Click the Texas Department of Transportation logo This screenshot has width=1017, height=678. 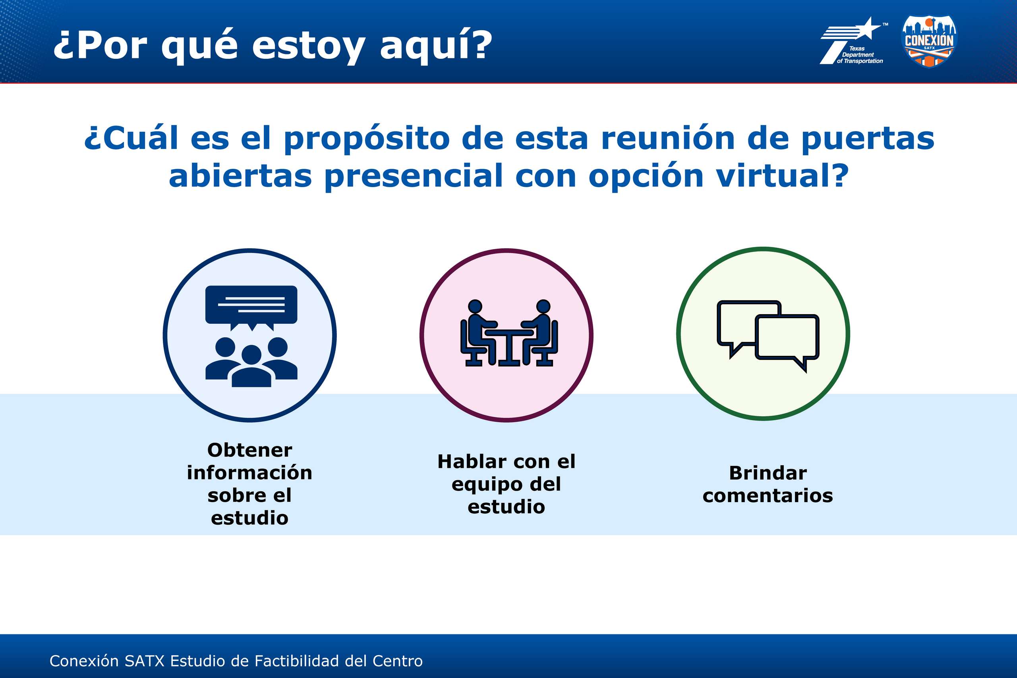click(851, 41)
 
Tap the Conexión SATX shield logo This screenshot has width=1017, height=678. click(929, 41)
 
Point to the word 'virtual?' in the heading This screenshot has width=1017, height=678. click(782, 176)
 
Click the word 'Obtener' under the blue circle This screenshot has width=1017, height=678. click(250, 450)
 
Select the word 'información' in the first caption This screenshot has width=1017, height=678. click(249, 473)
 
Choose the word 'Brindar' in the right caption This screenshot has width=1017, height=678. click(768, 473)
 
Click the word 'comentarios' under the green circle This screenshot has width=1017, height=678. click(768, 496)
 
